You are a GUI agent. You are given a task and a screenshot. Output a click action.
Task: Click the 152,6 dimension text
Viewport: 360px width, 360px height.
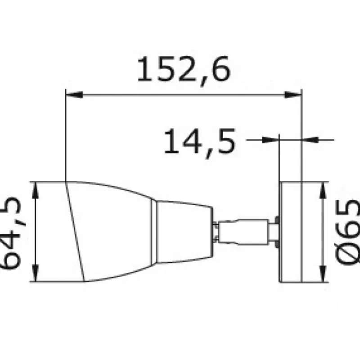184,70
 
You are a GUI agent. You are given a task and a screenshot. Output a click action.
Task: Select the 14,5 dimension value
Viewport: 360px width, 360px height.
200,143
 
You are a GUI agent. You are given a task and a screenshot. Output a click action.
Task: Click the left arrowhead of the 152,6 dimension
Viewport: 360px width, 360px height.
74,94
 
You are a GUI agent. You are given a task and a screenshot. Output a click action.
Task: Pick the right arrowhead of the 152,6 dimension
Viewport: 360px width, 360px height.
293,94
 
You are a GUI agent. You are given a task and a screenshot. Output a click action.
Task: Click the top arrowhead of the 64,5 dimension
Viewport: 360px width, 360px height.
35,190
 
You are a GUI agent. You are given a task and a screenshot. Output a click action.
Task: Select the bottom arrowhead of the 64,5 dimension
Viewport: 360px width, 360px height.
35,273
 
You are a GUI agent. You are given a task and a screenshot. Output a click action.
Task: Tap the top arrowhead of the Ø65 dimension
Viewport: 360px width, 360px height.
323,190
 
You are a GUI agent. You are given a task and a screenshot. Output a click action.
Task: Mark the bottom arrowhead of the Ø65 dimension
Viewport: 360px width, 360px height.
323,274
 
